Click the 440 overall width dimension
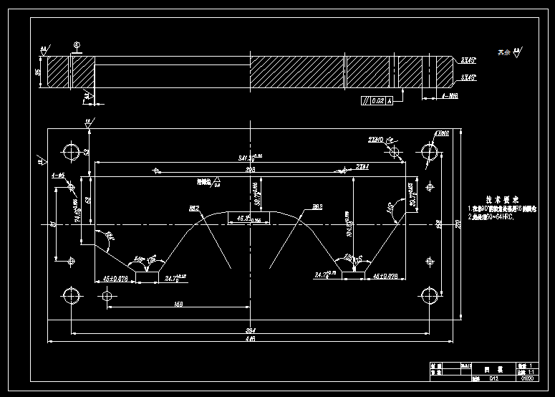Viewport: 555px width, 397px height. pos(251,339)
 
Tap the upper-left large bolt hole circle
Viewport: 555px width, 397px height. pos(72,152)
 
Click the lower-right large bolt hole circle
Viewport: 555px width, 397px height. pos(430,295)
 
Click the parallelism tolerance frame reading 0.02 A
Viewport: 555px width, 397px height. pos(377,101)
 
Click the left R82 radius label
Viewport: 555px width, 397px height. pos(193,209)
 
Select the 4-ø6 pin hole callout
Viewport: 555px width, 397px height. pos(58,176)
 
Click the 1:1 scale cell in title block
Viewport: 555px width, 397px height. pos(531,370)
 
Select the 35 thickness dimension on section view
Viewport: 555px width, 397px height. pos(38,72)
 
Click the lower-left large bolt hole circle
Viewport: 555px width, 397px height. pos(72,295)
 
